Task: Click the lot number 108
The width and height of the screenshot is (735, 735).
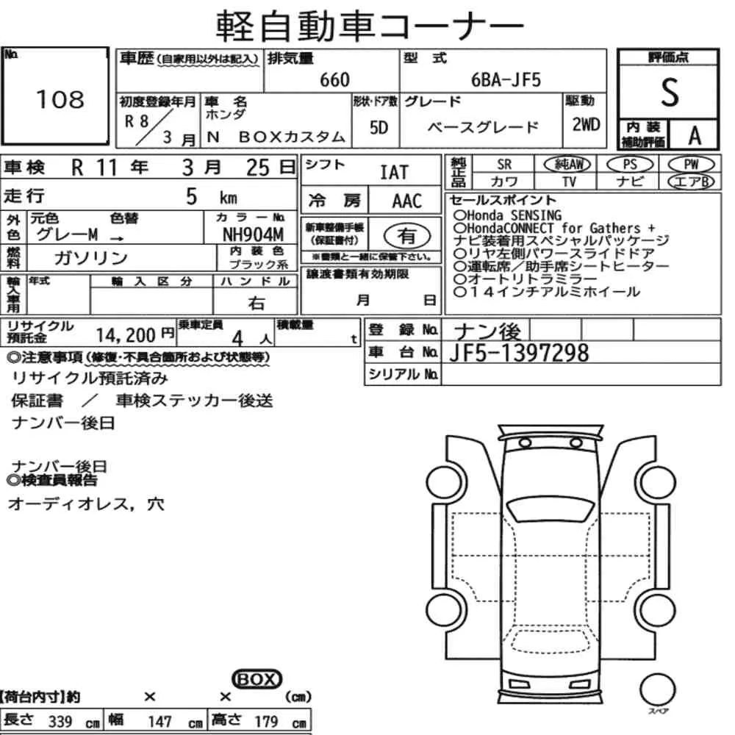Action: pos(60,99)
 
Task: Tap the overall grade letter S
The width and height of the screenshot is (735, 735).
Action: pos(670,93)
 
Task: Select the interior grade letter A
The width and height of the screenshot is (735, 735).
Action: pos(695,136)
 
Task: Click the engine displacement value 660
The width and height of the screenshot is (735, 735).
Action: pos(334,79)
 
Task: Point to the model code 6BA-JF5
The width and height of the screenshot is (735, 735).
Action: pos(506,80)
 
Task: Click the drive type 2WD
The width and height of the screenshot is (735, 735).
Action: pos(586,124)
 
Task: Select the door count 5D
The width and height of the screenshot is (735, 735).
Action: pos(379,127)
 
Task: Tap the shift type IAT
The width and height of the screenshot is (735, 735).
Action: pos(394,172)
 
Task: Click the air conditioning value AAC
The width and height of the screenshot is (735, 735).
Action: pos(407,201)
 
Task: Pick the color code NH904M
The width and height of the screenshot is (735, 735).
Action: pos(253,234)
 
